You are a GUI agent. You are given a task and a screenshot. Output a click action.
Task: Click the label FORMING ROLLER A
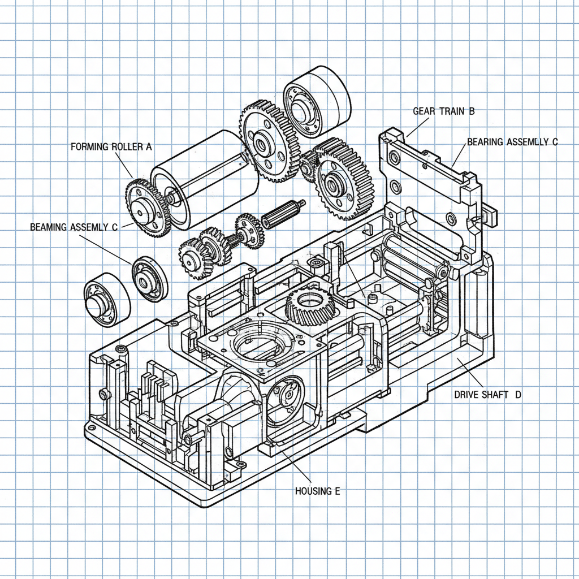111,147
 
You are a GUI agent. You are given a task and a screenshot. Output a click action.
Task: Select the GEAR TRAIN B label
443,111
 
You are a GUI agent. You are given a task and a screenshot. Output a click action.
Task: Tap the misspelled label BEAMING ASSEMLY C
74,227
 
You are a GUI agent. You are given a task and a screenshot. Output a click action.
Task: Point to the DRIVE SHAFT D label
487,395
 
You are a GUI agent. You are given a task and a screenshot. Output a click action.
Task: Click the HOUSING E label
317,491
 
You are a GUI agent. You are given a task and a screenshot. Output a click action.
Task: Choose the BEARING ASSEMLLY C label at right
512,142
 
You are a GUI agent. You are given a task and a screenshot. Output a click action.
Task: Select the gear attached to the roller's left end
146,208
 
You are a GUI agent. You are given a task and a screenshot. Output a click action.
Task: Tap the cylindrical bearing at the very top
317,102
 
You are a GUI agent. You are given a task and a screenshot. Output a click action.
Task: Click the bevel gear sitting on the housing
310,305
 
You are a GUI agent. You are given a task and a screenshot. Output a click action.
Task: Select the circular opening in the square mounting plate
258,346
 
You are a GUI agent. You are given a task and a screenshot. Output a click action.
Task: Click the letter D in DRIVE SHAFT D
517,395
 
